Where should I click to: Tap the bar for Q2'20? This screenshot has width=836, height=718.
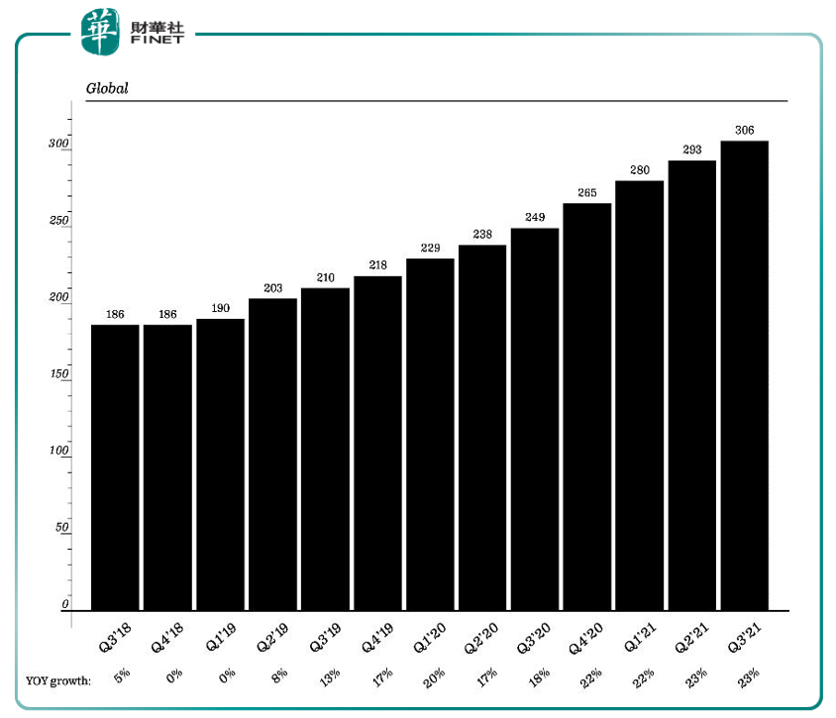click(x=482, y=427)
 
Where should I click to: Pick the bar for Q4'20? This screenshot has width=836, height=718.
click(x=587, y=406)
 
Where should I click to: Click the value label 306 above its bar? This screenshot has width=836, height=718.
click(x=745, y=130)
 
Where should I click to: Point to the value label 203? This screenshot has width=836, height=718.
click(x=273, y=288)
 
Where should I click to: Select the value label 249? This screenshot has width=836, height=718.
click(x=535, y=218)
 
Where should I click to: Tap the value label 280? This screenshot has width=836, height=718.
click(x=640, y=170)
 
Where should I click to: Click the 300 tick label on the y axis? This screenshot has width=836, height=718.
click(x=58, y=145)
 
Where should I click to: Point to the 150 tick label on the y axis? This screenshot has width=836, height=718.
click(x=58, y=374)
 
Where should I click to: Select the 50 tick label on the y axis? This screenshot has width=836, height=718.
click(x=61, y=528)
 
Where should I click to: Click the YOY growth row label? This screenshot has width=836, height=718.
click(x=58, y=680)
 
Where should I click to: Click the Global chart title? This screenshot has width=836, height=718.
click(x=107, y=88)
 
